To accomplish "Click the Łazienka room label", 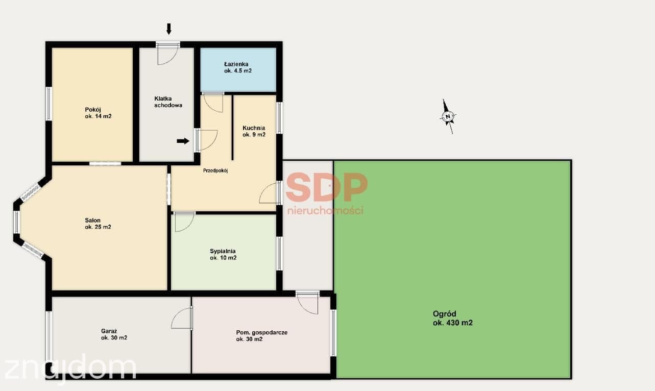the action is pyautogui.click(x=238, y=67).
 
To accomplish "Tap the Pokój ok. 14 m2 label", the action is pyautogui.click(x=98, y=113).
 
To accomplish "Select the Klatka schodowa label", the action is pyautogui.click(x=168, y=102).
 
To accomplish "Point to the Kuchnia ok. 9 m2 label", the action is pyautogui.click(x=254, y=131).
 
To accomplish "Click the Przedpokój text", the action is pyautogui.click(x=215, y=170).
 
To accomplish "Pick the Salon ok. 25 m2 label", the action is pyautogui.click(x=98, y=224).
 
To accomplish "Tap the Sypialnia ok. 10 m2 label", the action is pyautogui.click(x=223, y=254).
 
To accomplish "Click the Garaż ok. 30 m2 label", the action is pyautogui.click(x=114, y=334).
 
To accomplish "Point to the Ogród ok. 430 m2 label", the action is pyautogui.click(x=453, y=318).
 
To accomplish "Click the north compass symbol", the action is pyautogui.click(x=448, y=116).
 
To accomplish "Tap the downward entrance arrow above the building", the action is pyautogui.click(x=168, y=29).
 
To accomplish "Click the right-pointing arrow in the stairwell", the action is pyautogui.click(x=183, y=141).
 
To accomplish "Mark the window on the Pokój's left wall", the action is pyautogui.click(x=49, y=104).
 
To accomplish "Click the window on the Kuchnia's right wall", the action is pyautogui.click(x=280, y=118).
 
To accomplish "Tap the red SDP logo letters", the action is pyautogui.click(x=326, y=187).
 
